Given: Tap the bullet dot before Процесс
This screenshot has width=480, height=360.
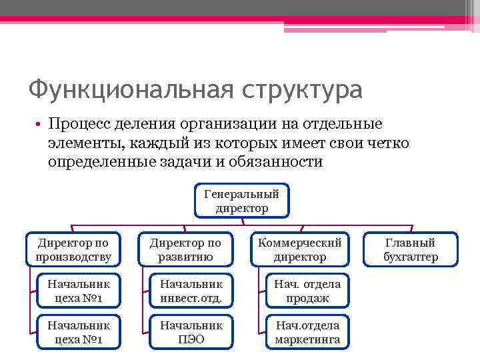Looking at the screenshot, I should [40, 125].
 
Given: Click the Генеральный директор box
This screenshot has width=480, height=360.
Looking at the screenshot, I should [242, 201].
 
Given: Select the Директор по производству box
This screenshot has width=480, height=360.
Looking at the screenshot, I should [73, 249].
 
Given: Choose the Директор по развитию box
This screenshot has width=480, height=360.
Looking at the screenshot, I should [185, 249].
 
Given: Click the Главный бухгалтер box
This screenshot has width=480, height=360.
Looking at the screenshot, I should [411, 249].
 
